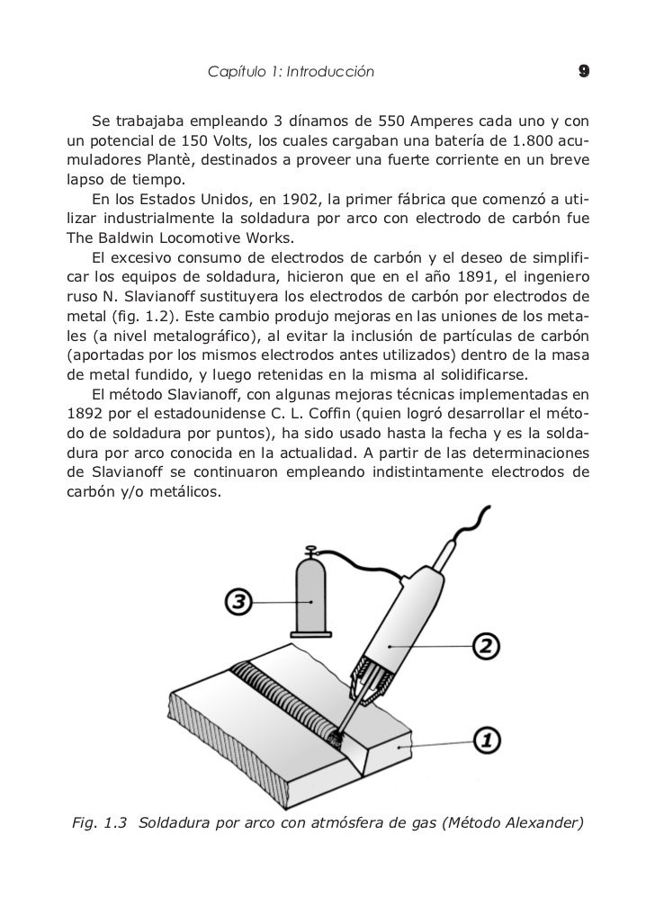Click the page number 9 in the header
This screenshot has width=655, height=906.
coord(584,71)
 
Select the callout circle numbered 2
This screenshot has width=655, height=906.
coord(484,645)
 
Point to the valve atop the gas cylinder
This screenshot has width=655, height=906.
coord(312,552)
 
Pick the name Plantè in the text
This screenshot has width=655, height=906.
coord(167,161)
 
